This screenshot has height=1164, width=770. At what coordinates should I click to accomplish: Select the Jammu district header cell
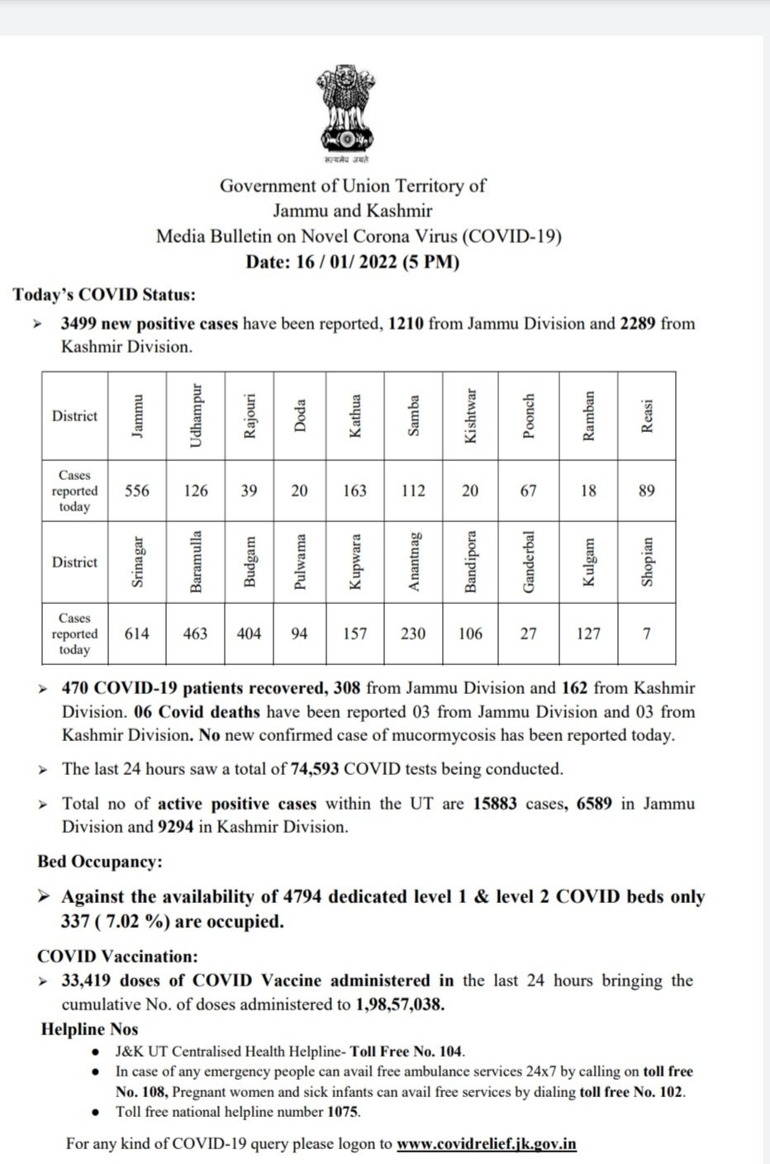pyautogui.click(x=137, y=416)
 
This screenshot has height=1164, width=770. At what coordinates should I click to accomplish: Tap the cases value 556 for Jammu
pyautogui.click(x=137, y=491)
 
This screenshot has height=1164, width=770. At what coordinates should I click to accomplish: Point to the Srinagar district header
pyautogui.click(x=137, y=562)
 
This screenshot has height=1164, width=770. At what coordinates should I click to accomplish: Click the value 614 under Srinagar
pyautogui.click(x=137, y=634)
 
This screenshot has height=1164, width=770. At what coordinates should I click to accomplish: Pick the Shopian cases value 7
pyautogui.click(x=646, y=634)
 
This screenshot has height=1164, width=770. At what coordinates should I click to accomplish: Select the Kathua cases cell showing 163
pyautogui.click(x=354, y=491)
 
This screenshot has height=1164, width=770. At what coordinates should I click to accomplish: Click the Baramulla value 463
pyautogui.click(x=195, y=634)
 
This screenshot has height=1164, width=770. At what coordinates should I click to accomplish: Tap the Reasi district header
pyautogui.click(x=647, y=416)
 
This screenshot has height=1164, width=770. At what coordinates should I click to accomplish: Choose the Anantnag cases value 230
pyautogui.click(x=413, y=634)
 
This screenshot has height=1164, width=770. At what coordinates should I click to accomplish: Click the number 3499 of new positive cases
pyautogui.click(x=80, y=324)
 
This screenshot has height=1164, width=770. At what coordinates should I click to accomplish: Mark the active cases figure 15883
pyautogui.click(x=496, y=804)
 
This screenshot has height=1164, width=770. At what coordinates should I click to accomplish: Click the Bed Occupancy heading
pyautogui.click(x=100, y=862)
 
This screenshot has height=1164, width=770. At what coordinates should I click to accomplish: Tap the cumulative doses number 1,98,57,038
pyautogui.click(x=400, y=1005)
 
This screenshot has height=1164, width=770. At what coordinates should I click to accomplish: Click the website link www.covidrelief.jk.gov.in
pyautogui.click(x=487, y=1144)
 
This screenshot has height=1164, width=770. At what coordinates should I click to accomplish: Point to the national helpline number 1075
pyautogui.click(x=343, y=1111)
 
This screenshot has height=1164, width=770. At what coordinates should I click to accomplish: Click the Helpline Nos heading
pyautogui.click(x=89, y=1029)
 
